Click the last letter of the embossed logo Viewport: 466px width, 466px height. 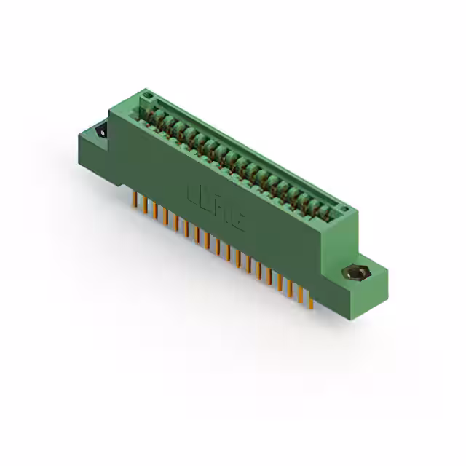coord(238,222)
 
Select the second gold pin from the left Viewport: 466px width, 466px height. coord(144,205)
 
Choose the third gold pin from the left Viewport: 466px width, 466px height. coord(154,210)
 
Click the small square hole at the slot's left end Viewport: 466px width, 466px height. coord(146,97)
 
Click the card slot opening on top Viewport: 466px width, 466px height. coord(240,153)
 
